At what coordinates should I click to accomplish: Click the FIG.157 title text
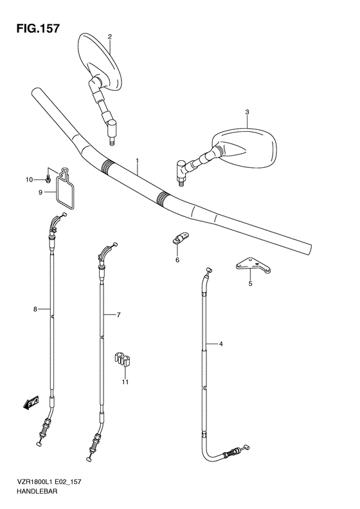[x=38, y=28]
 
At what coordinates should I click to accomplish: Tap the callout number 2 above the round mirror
[x=110, y=37]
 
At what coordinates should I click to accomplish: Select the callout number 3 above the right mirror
[x=247, y=112]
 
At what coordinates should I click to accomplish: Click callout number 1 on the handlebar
[x=138, y=160]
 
